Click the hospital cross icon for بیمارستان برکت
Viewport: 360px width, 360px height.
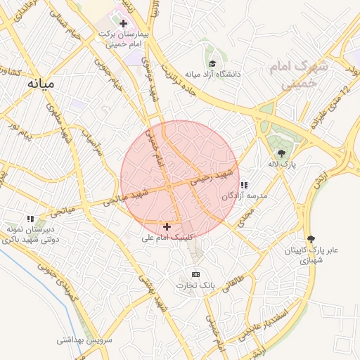[x=123, y=23]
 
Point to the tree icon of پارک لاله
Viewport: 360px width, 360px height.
[x=282, y=153]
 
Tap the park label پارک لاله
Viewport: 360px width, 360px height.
[x=283, y=164]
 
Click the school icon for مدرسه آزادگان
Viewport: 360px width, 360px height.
[x=244, y=185]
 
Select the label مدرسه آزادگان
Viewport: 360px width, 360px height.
[x=245, y=196]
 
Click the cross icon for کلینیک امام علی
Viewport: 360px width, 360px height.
[x=167, y=226]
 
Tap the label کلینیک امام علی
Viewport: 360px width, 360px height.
[x=166, y=238]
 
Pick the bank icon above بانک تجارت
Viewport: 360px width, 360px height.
[x=195, y=274]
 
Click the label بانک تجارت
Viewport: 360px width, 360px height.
[x=195, y=285]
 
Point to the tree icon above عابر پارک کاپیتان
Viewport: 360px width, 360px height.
[x=311, y=238]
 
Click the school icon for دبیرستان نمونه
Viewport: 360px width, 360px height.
[x=30, y=219]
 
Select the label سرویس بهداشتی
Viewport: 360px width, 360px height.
[x=85, y=340]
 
